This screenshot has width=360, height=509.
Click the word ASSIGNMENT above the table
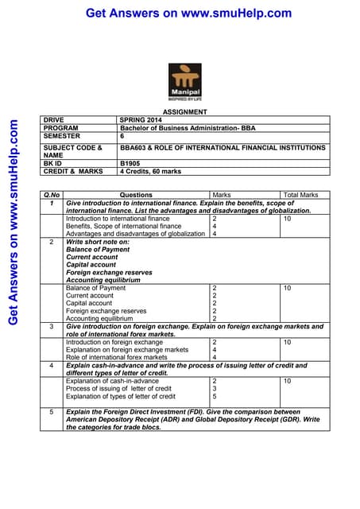pyautogui.click(x=185, y=112)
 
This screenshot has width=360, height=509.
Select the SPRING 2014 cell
pyautogui.click(x=139, y=120)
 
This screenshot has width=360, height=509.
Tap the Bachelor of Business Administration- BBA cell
pyautogui.click(x=181, y=128)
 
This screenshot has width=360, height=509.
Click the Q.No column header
pyautogui.click(x=52, y=195)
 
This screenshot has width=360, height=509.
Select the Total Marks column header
pyautogui.click(x=300, y=195)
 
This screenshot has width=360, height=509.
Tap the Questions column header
pyautogui.click(x=136, y=195)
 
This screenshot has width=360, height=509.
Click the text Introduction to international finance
pyautogui.click(x=118, y=218)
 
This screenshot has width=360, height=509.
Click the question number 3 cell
pyautogui.click(x=52, y=326)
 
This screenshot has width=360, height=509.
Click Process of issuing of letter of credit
pyautogui.click(x=121, y=388)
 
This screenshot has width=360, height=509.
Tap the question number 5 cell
pyautogui.click(x=52, y=412)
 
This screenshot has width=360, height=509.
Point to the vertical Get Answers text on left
pyautogui.click(x=13, y=223)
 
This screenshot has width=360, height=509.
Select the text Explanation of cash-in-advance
pyautogui.click(x=112, y=381)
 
